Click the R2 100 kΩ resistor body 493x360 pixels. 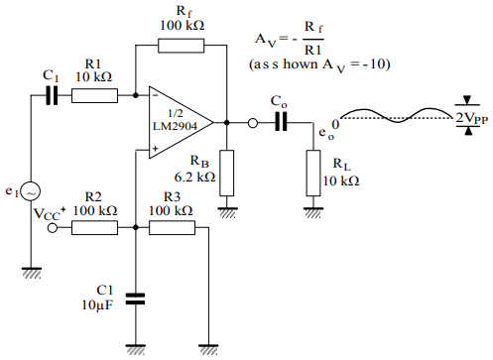click(94, 227)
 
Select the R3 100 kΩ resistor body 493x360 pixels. click(172, 227)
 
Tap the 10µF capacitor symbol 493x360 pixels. click(135, 295)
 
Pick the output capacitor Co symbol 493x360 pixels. click(282, 123)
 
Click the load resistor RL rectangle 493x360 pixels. click(314, 170)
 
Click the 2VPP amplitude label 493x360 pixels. click(472, 117)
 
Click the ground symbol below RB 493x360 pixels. click(227, 209)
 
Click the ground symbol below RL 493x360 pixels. click(314, 209)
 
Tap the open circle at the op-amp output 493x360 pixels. click(253, 123)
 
